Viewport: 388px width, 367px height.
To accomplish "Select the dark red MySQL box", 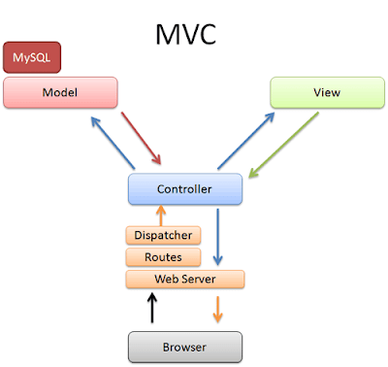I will tap(31, 58).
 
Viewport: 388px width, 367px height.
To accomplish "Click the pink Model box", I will tap(60, 92).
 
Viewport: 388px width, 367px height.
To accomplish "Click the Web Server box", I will tap(184, 280).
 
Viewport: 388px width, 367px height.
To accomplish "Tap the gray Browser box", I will tap(184, 345).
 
